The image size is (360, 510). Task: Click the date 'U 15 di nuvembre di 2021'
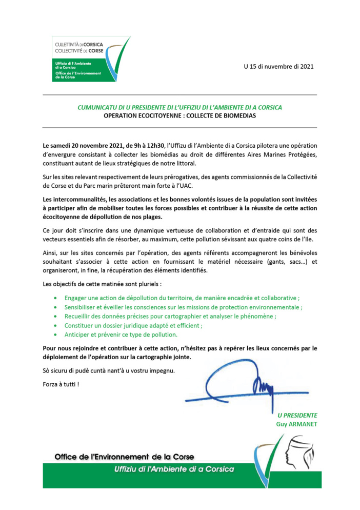tap(278, 67)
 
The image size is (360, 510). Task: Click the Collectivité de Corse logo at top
tap(90, 60)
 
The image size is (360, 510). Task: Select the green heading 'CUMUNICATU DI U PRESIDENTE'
tap(179, 107)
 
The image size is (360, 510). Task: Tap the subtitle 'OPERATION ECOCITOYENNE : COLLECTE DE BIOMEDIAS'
tap(179, 116)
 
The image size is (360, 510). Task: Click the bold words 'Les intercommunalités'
tap(75, 199)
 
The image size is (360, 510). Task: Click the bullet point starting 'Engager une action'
tap(182, 298)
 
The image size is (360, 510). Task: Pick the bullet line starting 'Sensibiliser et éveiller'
tap(183, 307)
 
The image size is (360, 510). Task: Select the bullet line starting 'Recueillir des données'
tap(170, 316)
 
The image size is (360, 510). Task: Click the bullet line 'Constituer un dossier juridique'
tap(133, 325)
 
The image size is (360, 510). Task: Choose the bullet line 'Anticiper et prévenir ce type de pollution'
tap(121, 335)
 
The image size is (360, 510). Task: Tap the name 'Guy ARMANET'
tap(296, 424)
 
